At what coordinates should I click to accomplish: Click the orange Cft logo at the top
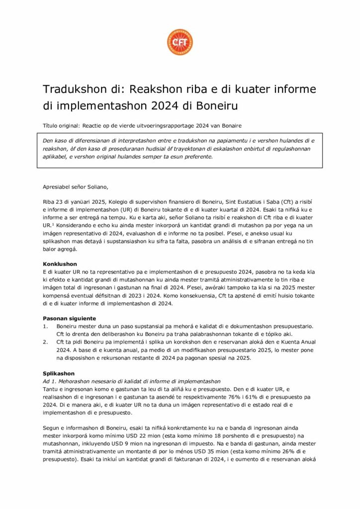coord(180,43)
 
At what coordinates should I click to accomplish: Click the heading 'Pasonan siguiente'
coord(69,318)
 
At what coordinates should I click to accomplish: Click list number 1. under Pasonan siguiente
coord(45,326)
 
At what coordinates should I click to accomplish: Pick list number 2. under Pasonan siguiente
coord(45,342)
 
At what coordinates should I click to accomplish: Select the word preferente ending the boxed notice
coord(196,157)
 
